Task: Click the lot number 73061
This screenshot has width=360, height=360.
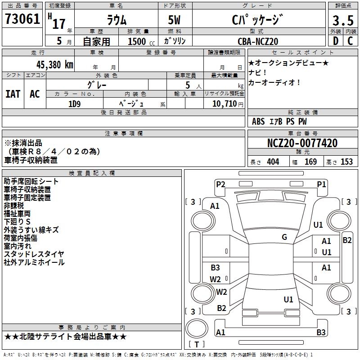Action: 22,19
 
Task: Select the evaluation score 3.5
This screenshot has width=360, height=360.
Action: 342,21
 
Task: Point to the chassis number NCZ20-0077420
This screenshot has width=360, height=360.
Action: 302,143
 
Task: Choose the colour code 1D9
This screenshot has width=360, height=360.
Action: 74,103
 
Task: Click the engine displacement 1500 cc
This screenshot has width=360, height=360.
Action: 137,41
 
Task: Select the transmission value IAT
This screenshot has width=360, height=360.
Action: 13,94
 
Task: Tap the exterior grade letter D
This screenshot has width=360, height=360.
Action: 335,41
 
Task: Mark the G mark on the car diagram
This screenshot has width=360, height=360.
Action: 284,237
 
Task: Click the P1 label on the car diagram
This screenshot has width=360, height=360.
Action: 321,184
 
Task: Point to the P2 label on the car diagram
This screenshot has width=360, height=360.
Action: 220,184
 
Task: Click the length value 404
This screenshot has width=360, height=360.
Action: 273,162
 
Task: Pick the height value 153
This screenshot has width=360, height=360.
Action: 346,162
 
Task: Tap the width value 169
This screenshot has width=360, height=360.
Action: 310,162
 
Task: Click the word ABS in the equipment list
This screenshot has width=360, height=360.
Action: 258,121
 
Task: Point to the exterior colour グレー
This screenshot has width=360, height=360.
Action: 107,85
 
